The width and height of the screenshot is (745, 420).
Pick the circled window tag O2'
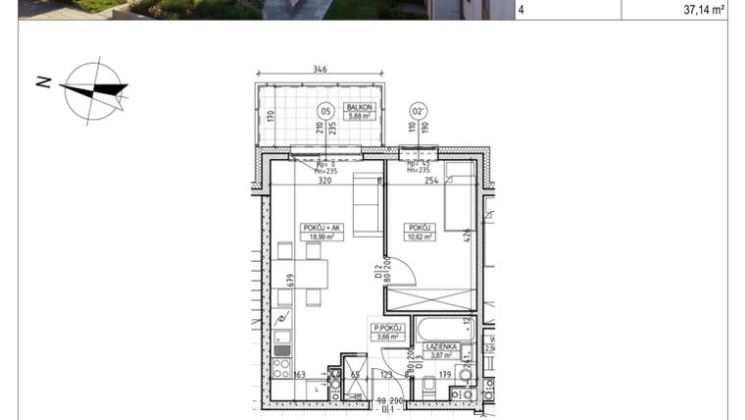pos(419,111)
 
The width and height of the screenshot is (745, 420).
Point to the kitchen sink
pos(281,323)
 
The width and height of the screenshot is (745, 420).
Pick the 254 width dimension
pos(431,181)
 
